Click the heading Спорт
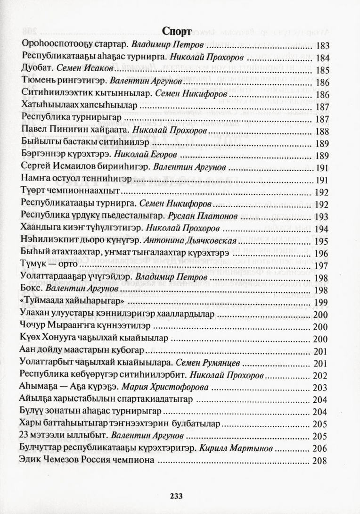tap(177, 32)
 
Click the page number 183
tap(323, 46)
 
